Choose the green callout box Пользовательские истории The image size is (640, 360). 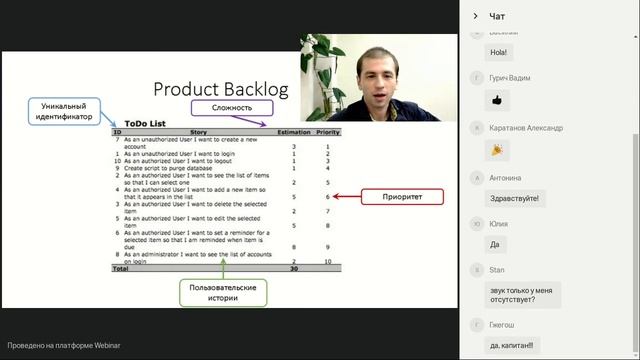(224, 292)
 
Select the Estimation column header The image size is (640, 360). (293, 132)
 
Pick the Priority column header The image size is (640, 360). (327, 132)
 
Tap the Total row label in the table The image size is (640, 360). (120, 268)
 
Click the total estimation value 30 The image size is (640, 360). (294, 268)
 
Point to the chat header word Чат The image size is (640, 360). (497, 16)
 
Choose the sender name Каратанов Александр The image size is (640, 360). (526, 128)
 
